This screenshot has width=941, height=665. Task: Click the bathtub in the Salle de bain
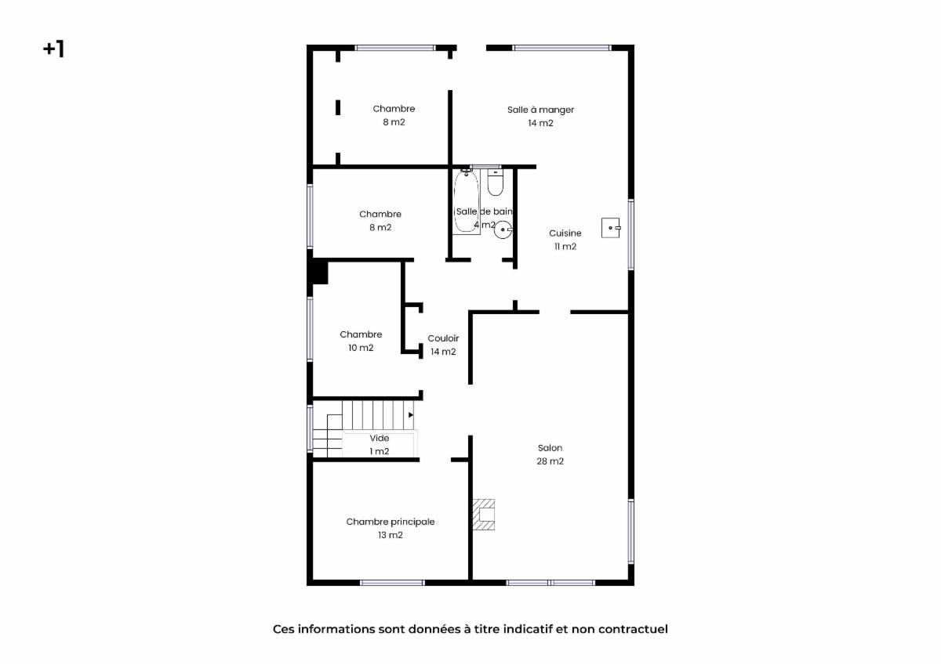coord(467,202)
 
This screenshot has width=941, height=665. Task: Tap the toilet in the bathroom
coord(496,183)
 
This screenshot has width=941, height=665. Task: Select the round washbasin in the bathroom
coord(503,229)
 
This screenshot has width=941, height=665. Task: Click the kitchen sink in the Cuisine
coord(611,228)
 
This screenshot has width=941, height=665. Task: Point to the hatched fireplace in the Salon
coord(484,515)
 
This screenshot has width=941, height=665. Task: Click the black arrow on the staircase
coord(411,415)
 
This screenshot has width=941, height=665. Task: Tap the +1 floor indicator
coord(54,49)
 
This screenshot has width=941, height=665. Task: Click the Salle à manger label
coord(540,110)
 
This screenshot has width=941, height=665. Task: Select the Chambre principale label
coord(391,522)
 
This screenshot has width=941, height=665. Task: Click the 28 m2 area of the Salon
coord(550,461)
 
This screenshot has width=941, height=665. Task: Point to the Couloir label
coord(443,338)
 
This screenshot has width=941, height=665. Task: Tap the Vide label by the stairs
coord(380,438)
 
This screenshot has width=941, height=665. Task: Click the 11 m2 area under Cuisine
coord(565,246)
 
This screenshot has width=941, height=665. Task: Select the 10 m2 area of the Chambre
coord(361,348)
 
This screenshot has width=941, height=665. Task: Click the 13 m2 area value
coord(391,535)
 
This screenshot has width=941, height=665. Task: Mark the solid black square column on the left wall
coord(320,273)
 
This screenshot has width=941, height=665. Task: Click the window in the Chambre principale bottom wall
coord(392,583)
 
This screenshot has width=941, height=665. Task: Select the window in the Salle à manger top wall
coord(562,48)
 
